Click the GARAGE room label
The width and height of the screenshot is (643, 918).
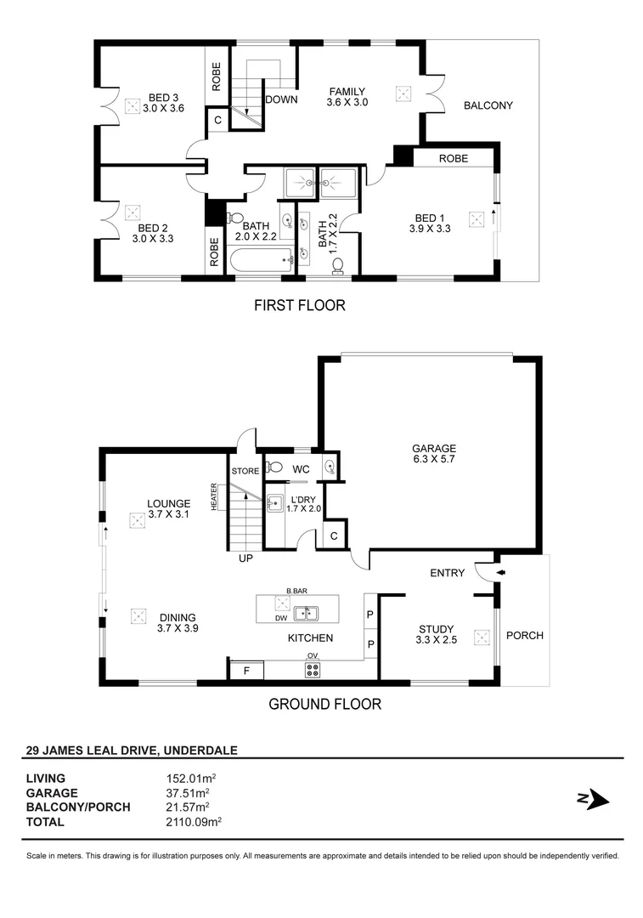pyautogui.click(x=434, y=449)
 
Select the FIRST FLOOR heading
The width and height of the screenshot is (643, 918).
pyautogui.click(x=300, y=305)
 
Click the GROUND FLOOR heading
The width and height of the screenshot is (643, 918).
pyautogui.click(x=324, y=704)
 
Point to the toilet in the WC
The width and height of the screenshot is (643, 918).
pyautogui.click(x=275, y=466)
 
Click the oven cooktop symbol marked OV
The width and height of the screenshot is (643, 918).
pyautogui.click(x=312, y=670)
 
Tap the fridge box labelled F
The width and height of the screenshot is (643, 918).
pyautogui.click(x=246, y=670)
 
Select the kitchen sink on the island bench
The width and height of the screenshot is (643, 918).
pyautogui.click(x=307, y=612)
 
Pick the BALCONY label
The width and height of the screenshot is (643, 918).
pyautogui.click(x=488, y=105)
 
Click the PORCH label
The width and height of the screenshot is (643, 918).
pyautogui.click(x=524, y=635)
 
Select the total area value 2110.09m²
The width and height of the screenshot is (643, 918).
pyautogui.click(x=194, y=821)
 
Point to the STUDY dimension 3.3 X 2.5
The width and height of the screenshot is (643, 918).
pyautogui.click(x=437, y=641)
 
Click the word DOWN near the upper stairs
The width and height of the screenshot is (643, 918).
pyautogui.click(x=280, y=99)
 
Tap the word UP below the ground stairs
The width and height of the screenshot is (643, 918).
pyautogui.click(x=246, y=558)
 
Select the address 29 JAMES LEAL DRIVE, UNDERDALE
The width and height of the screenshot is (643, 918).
pyautogui.click(x=132, y=750)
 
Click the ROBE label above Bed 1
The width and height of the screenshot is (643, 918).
pyautogui.click(x=454, y=158)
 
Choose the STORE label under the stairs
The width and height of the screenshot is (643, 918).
pyautogui.click(x=245, y=471)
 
